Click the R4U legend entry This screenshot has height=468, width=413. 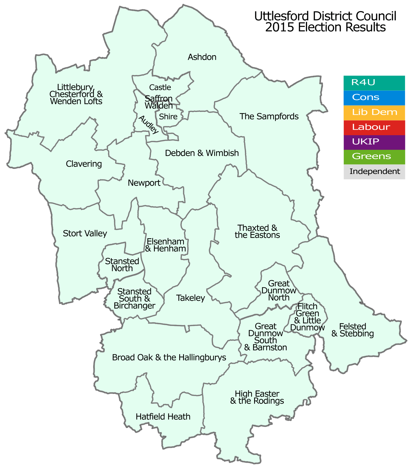click(374, 83)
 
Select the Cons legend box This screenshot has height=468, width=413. click(374, 98)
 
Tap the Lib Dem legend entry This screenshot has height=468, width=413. click(374, 113)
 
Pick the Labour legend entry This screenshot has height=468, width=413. click(374, 127)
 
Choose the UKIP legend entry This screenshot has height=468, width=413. click(374, 142)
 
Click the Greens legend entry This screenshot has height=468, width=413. click(374, 157)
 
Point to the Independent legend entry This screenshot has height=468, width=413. click(374, 172)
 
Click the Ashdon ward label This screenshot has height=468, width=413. click(202, 57)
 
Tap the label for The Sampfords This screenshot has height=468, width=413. click(269, 116)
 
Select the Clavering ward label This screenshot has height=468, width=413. click(84, 164)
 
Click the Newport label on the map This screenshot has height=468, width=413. click(144, 183)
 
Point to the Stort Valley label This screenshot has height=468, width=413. click(85, 234)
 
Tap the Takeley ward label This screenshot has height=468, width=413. click(191, 298)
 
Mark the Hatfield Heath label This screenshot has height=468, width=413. click(163, 416)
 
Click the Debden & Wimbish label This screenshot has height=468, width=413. click(202, 153)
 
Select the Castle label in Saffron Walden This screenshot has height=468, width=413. click(160, 87)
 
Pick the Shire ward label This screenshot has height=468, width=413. click(168, 117)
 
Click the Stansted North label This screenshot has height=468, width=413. click(122, 265)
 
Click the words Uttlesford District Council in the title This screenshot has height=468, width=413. click(325, 16)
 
